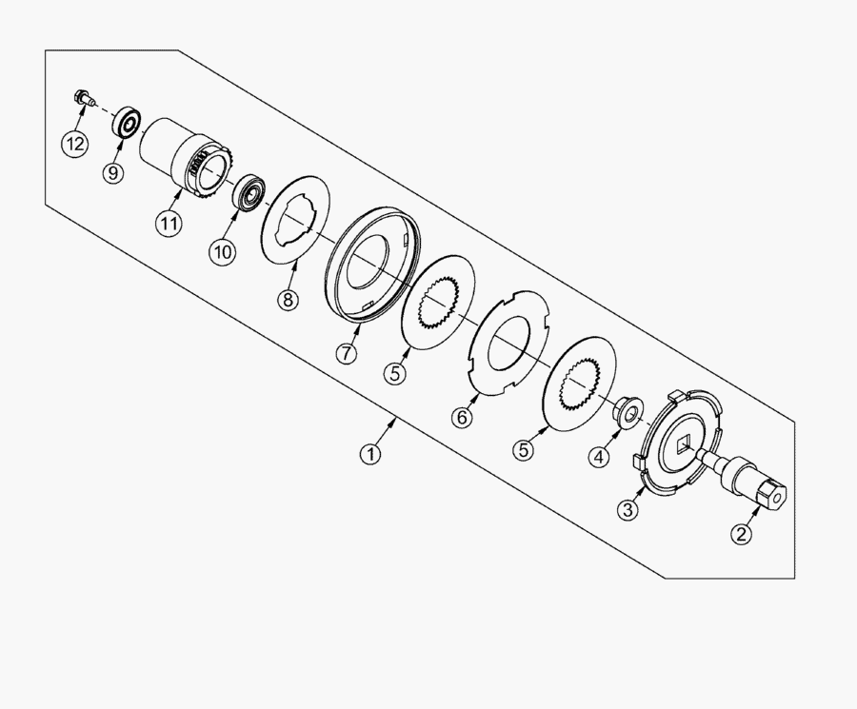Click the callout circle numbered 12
74,144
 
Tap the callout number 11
169,223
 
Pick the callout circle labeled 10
223,252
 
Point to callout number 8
288,300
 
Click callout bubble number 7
347,353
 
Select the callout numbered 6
463,418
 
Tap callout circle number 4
599,456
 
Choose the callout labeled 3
628,509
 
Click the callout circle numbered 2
741,533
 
